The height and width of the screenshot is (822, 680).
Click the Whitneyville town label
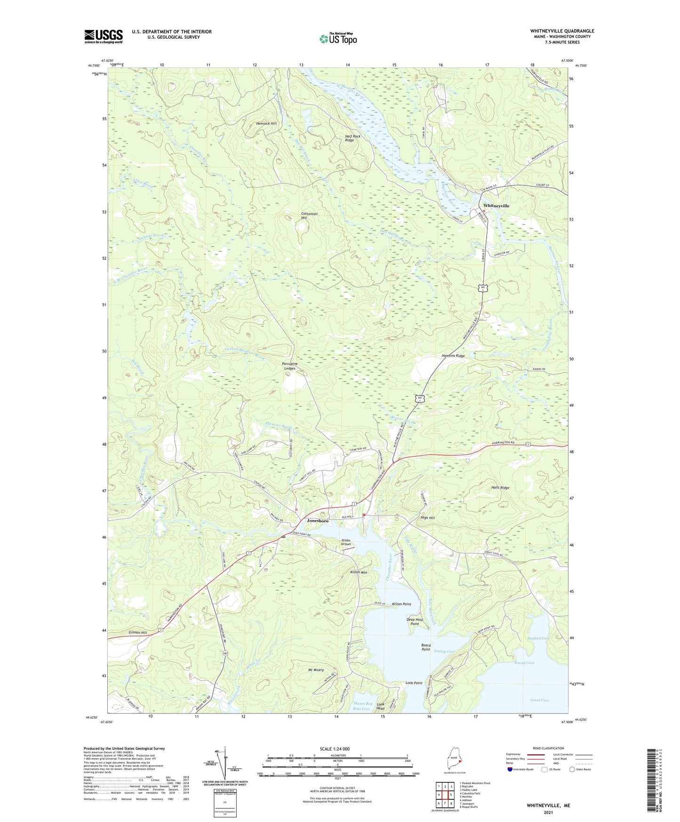496,206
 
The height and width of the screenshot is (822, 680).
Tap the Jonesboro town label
318,521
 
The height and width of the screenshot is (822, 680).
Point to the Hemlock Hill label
266,123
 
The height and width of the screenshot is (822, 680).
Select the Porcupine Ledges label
289,366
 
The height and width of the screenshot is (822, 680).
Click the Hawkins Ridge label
453,356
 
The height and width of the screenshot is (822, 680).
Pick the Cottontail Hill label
309,216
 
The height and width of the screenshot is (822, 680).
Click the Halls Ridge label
500,488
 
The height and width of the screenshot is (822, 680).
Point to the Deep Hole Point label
415,622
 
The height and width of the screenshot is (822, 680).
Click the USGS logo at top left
104,36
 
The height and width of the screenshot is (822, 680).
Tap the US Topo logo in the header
338,39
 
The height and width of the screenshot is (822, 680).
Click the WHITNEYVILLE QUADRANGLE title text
562,31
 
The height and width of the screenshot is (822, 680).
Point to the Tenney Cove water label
444,652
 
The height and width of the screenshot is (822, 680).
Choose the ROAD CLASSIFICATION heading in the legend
548,748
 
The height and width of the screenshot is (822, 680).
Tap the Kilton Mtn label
358,572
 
